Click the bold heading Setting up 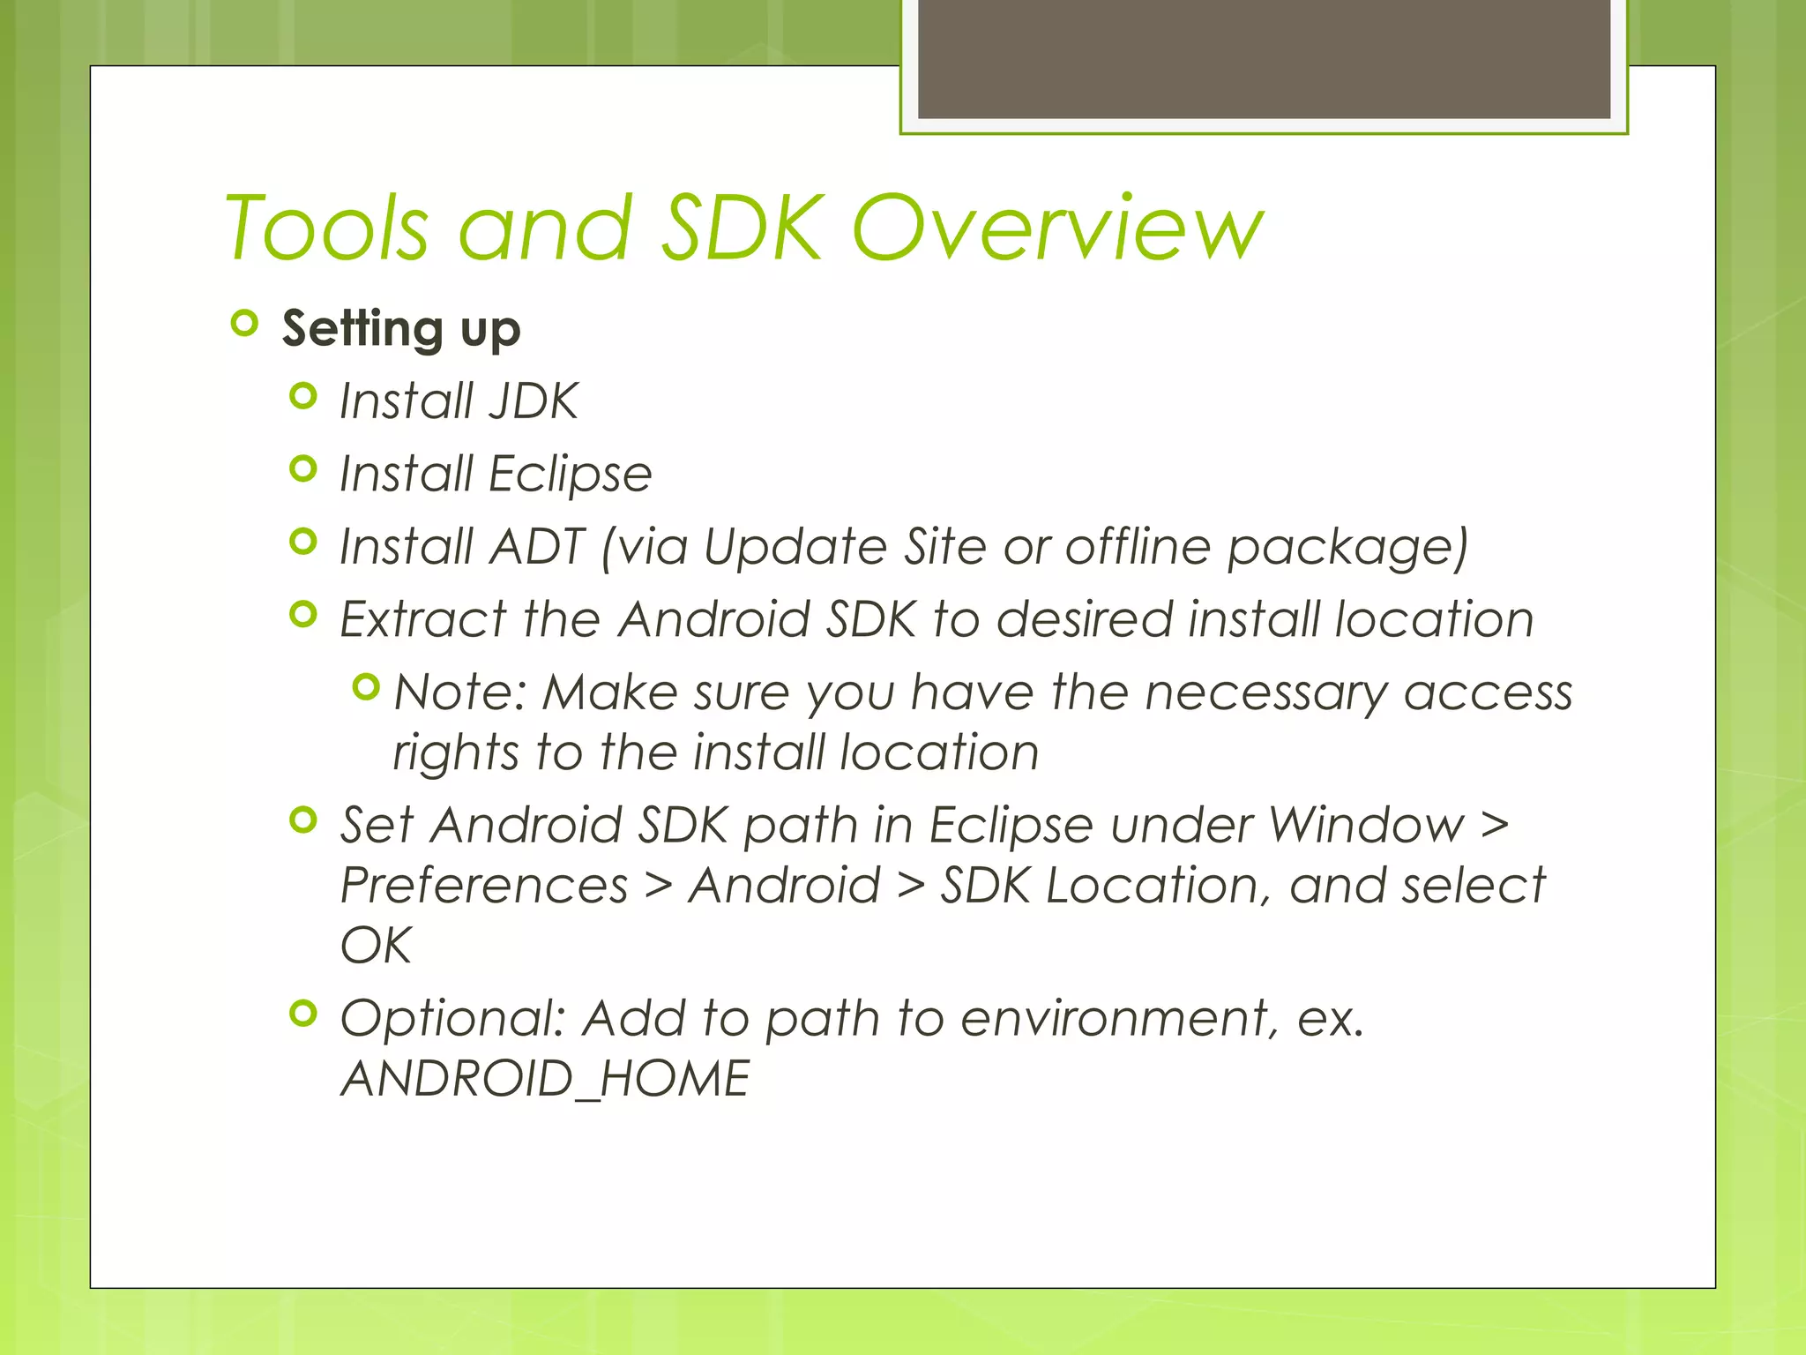point(401,329)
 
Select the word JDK point(533,401)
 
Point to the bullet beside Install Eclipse point(302,468)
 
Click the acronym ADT point(537,546)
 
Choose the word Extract point(422,618)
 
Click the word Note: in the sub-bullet point(459,692)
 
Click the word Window point(1366,826)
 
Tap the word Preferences point(484,885)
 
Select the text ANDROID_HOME point(545,1079)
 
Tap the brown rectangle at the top point(1264,58)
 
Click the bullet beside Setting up point(244,324)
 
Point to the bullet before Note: point(365,686)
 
